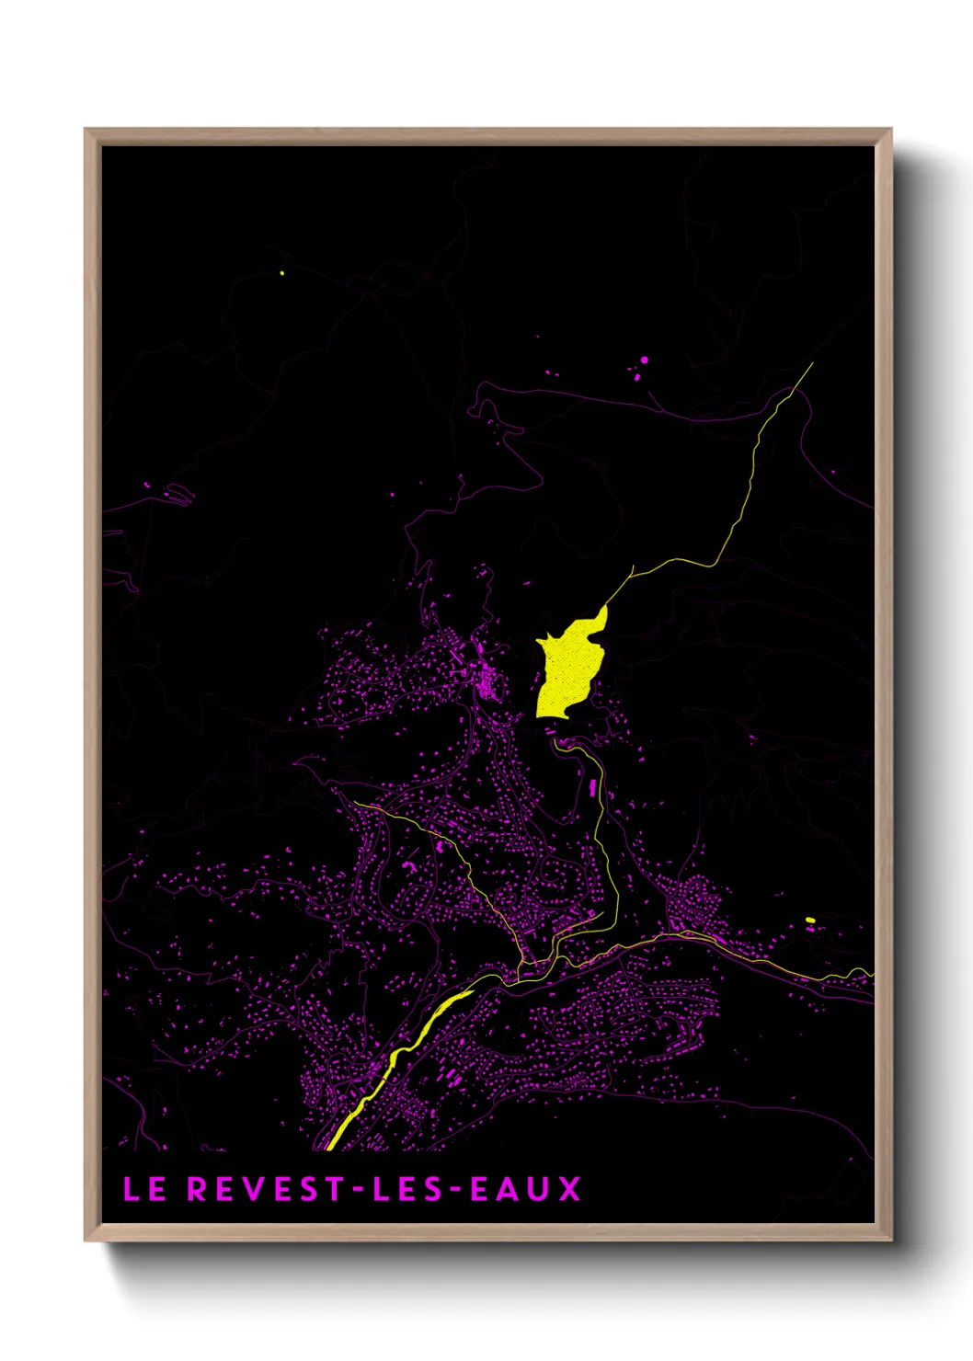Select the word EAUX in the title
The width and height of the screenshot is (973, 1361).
click(525, 1189)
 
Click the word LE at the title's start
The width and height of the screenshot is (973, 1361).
click(144, 1189)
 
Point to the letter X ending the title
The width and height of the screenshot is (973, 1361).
click(570, 1189)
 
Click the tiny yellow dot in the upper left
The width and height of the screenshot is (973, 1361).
click(281, 273)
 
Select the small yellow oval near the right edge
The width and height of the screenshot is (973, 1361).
click(810, 920)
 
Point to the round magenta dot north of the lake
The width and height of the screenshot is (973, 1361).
click(644, 360)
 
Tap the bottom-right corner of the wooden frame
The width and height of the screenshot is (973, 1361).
click(890, 1240)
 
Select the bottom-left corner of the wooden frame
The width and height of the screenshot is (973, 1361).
click(86, 1240)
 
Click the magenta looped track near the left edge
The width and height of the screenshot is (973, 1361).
click(177, 496)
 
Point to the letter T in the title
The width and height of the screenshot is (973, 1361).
click(333, 1189)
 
